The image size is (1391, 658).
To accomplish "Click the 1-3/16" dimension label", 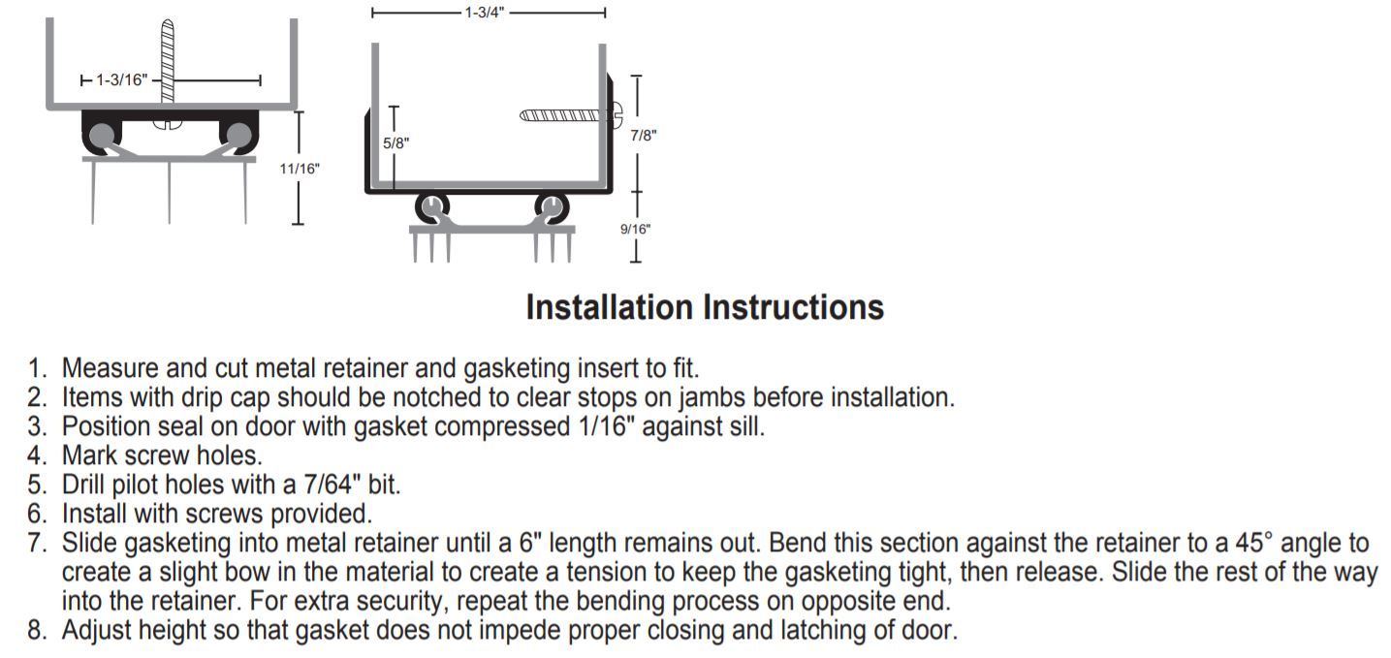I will coord(121,79).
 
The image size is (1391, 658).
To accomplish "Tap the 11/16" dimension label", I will coord(300,169).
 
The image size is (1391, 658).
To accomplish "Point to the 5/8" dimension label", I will coord(396,142).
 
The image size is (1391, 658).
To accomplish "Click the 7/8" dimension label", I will coord(643,135).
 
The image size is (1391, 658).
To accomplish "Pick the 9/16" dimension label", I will coord(636,229).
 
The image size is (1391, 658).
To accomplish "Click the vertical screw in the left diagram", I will coord(168,68).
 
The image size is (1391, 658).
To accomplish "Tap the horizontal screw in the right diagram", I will coord(567,115).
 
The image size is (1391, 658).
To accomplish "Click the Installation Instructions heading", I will coord(705,307).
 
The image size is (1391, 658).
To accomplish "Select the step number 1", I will coord(37,368).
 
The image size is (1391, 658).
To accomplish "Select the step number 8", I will coord(37,630).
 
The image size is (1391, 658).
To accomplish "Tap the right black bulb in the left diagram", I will coord(237,133).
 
